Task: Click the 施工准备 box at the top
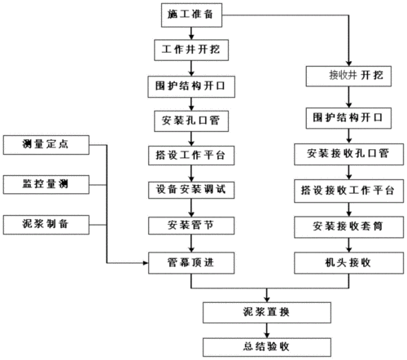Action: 190,15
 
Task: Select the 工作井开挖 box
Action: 190,50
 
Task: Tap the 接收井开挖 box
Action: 346,76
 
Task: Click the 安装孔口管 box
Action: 190,121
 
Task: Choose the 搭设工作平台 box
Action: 190,155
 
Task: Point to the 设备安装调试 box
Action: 190,190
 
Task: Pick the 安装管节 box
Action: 190,225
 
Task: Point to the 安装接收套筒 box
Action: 346,226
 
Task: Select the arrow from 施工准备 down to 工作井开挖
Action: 190,33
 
